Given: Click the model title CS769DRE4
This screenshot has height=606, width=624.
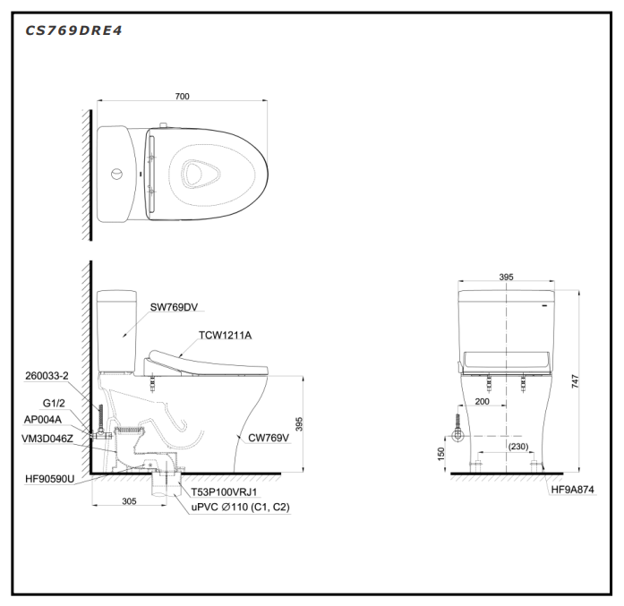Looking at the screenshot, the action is pos(73,30).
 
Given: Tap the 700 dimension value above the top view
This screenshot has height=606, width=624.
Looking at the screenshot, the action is pos(183,97).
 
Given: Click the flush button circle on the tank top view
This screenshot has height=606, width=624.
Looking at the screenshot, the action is pos(116,174).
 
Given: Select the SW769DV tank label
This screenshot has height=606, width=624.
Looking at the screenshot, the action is pos(174,307).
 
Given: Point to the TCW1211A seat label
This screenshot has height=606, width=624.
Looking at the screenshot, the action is pos(226,336).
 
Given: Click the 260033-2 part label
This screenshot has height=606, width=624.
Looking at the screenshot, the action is pos(47,376).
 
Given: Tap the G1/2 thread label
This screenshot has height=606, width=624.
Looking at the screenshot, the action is pos(54,403).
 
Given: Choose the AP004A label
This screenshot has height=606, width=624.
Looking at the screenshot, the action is pos(43,420).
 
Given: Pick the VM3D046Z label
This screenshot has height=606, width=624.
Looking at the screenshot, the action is pos(47,439).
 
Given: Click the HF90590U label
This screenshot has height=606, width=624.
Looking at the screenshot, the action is pos(50,479).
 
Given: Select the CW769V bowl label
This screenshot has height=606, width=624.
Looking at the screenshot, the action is pos(269,438).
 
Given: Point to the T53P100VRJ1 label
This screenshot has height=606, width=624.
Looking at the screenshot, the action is pos(224,492).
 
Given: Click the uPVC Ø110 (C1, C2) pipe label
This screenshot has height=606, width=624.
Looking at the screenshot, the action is pos(241,508).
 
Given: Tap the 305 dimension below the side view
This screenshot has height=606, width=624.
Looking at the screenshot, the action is pos(129,501).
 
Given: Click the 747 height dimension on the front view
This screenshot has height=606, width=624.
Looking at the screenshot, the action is pos(575,381).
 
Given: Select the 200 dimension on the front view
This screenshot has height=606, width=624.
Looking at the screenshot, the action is pos(482,402).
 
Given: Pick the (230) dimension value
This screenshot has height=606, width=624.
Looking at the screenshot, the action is pos(518,447).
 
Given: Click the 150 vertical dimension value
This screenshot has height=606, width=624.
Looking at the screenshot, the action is pos(441,454).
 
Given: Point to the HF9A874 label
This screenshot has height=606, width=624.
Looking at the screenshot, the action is pos(573,490).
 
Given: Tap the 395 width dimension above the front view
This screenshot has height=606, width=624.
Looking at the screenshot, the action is pos(506,277).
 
